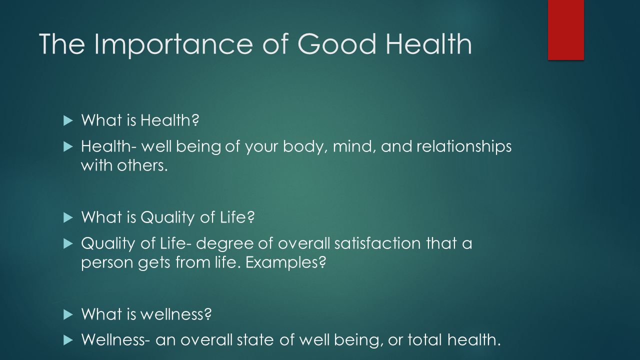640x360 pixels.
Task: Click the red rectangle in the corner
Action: [565, 29]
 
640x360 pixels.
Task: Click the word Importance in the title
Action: [173, 44]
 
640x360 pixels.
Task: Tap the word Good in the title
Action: [336, 44]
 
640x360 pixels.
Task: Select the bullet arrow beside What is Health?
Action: [68, 120]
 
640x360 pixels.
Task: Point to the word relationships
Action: [464, 146]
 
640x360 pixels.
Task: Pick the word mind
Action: [354, 146]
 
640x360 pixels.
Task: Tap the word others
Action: [142, 165]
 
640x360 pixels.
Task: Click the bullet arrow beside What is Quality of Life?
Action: [68, 217]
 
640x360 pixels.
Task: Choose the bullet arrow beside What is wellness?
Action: [68, 315]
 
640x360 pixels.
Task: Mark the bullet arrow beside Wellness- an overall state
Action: [68, 340]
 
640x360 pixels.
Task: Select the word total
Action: [425, 339]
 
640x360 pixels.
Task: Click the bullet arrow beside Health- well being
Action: [68, 147]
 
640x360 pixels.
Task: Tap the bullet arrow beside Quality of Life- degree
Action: [68, 244]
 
